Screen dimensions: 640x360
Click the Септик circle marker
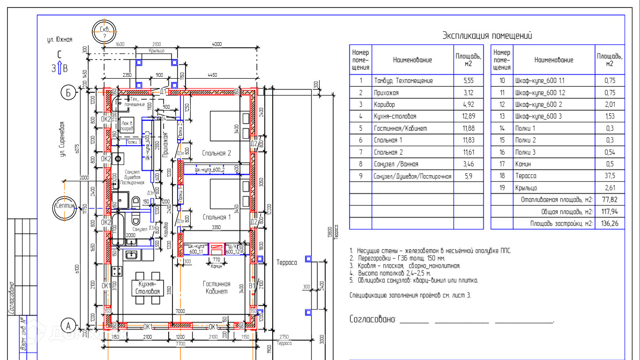coord(65,206)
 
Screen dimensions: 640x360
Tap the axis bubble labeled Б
coord(68,94)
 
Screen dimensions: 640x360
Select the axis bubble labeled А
coord(68,325)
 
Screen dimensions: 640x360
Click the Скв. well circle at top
coord(104,32)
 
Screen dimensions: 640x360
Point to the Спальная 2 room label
coord(216,153)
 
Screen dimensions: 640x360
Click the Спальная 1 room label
coord(216,217)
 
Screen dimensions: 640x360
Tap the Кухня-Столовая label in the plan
coord(148,287)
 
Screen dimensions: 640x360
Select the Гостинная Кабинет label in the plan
coord(216,287)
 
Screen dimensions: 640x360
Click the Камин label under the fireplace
coord(216,266)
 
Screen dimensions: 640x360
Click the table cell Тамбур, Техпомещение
coord(403,81)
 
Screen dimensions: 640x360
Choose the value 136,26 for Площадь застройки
coord(610,224)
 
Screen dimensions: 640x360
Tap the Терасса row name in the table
coord(525,176)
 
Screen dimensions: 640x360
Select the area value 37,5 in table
coord(610,176)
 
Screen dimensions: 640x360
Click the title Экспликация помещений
coord(487,36)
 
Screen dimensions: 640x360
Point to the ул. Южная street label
coord(60,40)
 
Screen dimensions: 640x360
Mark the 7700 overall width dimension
coord(180,344)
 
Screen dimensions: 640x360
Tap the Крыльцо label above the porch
coord(156,51)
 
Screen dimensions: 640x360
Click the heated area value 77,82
coord(610,200)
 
